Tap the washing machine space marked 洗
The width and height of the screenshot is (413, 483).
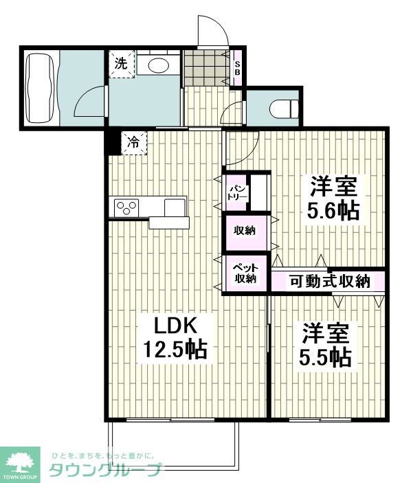click(121, 65)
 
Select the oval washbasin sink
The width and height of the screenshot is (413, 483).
click(159, 65)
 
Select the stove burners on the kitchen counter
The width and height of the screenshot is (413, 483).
click(126, 206)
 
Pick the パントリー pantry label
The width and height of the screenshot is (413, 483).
click(237, 191)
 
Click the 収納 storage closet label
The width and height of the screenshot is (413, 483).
click(244, 230)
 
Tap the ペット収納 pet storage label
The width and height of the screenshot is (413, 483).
click(244, 272)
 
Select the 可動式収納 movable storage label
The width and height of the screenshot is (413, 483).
click(329, 280)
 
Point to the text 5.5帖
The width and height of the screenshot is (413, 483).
click(326, 357)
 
